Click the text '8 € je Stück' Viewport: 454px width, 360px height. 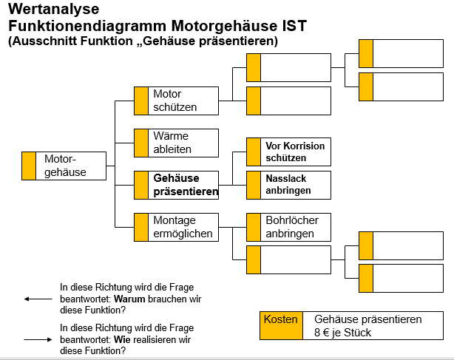pos(342,333)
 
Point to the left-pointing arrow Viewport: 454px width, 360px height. pos(37,299)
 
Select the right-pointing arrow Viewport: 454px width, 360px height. pos(37,339)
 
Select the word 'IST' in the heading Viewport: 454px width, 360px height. pos(293,26)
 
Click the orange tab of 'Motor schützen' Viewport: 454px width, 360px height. pos(140,101)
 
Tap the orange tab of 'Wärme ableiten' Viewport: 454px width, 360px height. pos(140,143)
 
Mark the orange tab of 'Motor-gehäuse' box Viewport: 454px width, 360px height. pos(29,166)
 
